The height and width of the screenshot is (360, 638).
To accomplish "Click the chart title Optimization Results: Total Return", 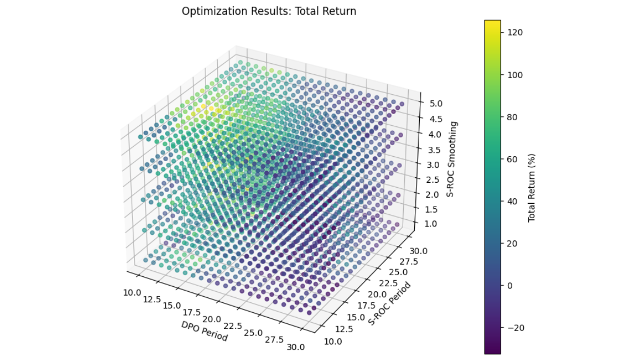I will click(269, 11).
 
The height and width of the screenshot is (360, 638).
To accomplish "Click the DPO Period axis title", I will click(204, 331).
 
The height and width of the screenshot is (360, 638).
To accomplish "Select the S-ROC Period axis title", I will click(390, 304).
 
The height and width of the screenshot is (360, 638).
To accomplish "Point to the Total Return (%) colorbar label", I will click(532, 187).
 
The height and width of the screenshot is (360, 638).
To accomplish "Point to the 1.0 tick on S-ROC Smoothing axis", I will click(429, 224).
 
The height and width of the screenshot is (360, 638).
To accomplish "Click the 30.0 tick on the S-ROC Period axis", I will click(419, 250).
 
